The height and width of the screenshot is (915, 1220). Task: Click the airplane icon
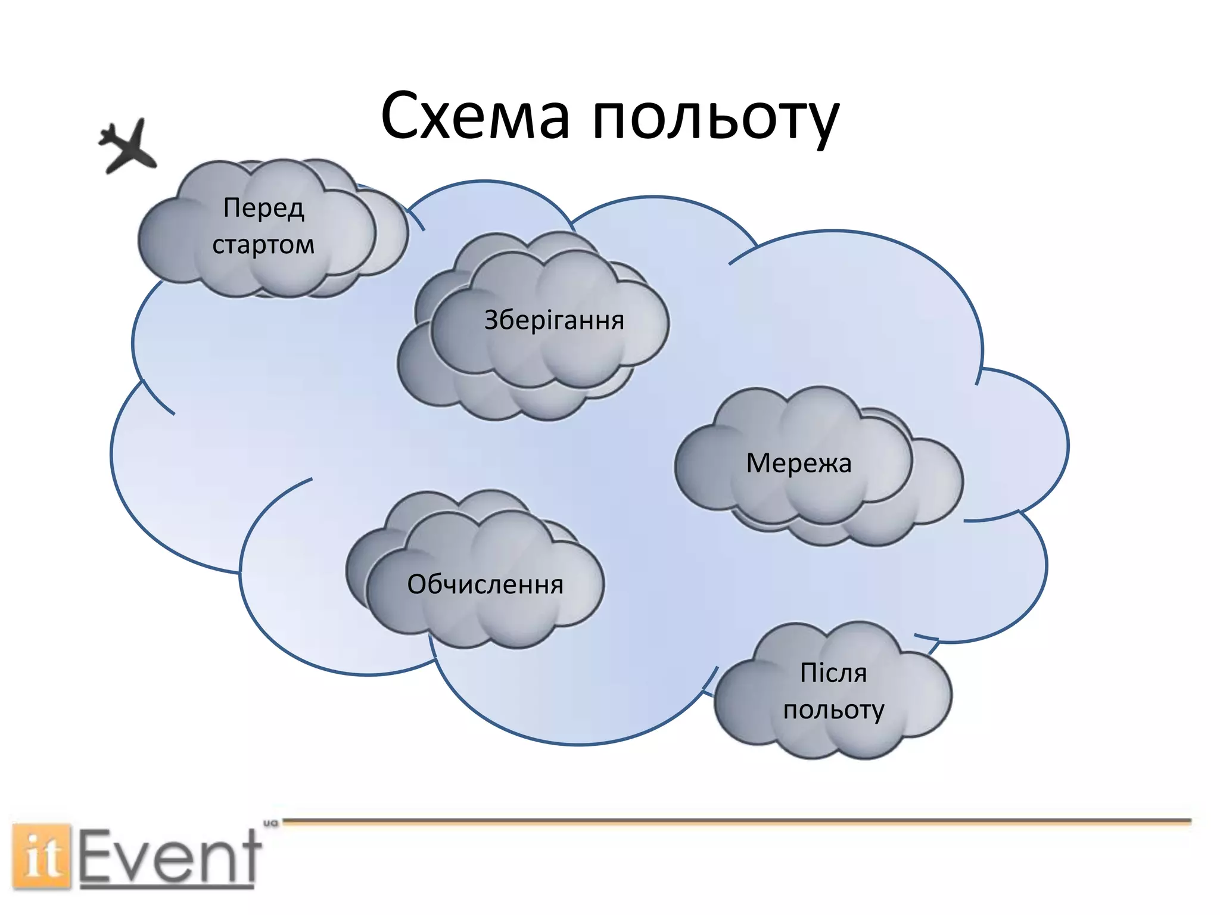coord(127,146)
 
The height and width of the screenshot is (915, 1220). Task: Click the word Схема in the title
coord(475,116)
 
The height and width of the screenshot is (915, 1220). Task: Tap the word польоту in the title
coord(715,119)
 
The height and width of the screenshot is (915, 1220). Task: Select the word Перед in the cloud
coord(264,208)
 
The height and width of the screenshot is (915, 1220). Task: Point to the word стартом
coord(263,245)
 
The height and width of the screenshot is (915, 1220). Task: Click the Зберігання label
coord(554,320)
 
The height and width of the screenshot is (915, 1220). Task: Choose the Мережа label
coord(799,463)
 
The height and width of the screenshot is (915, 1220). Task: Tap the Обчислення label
coord(485,584)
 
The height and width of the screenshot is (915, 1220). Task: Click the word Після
coord(833,673)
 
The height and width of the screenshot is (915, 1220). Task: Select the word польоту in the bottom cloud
coord(833,710)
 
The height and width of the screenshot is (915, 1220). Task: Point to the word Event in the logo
coord(170,857)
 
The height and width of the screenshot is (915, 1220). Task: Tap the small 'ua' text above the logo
coord(271,823)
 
